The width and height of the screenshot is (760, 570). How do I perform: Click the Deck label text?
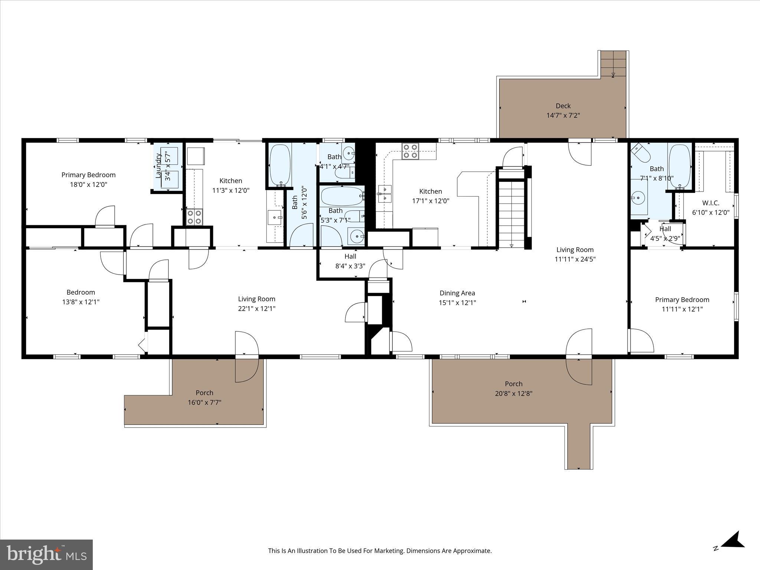coord(563,106)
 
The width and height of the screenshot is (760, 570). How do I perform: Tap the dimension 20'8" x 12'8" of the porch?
coord(514,394)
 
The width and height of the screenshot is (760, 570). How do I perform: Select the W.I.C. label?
coord(711,203)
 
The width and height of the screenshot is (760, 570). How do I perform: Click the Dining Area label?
coord(457,293)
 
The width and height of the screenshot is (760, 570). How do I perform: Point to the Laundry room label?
coord(158,166)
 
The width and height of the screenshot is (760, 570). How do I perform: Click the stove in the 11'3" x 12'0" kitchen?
coord(194,217)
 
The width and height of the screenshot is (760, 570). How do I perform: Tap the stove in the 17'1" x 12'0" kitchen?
coord(410,151)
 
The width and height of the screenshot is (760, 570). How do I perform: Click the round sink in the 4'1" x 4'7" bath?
coord(348,152)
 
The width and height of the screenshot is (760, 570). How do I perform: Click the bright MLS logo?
coord(46,554)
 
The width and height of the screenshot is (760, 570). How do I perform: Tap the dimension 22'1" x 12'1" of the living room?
coord(257,309)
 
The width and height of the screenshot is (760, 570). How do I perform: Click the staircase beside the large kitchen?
coord(512,213)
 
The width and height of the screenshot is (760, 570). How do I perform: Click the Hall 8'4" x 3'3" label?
coord(350,256)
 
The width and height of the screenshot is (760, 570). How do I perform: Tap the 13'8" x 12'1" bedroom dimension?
coord(81,302)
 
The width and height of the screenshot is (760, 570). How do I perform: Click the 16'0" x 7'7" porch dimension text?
coord(204,402)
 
